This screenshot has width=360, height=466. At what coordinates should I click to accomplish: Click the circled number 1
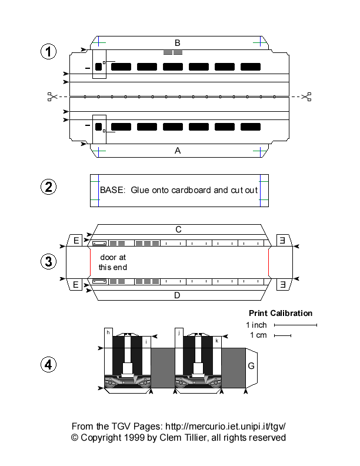coord(48,52)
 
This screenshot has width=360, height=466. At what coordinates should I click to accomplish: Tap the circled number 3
coord(48,262)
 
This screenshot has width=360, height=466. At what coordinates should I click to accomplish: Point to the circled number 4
coord(48,365)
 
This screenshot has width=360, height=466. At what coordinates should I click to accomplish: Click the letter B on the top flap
coord(177,42)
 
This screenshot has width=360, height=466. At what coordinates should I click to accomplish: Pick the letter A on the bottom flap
coord(178,151)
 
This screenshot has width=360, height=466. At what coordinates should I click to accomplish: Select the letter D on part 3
coord(177,295)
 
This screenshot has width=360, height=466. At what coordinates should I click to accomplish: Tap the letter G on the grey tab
coord(251,366)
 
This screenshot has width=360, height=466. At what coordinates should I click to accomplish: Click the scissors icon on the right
coord(306,96)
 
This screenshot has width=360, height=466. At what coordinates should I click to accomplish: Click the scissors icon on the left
coord(51,96)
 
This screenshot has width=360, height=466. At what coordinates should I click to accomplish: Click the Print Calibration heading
coord(281,313)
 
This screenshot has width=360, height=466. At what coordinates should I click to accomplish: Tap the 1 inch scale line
coord(295,325)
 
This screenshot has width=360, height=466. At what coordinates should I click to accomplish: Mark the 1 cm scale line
coord(283,336)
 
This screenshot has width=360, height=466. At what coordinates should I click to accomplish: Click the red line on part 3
coord(269,262)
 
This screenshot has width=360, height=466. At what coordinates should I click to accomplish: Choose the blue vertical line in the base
coord(260,191)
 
